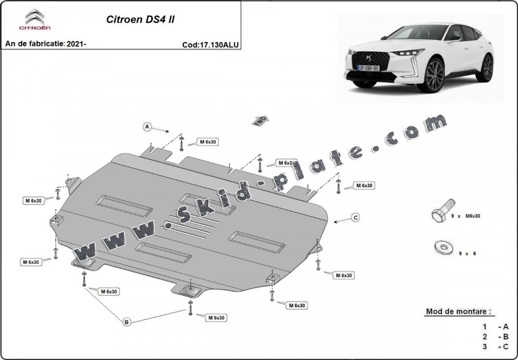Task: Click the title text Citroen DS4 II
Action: tap(140, 19)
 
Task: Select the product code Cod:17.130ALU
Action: tap(210, 44)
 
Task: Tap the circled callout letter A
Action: tap(147, 127)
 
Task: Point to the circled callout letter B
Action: tap(127, 321)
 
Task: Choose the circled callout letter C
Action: tap(355, 218)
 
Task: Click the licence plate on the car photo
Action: tap(368, 68)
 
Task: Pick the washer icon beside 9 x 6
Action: tap(443, 246)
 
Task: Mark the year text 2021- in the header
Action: tap(76, 44)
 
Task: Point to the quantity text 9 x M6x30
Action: tap(465, 216)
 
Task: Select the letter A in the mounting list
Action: tap(505, 327)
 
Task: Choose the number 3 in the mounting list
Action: tap(484, 346)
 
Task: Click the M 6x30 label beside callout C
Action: tap(364, 185)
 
